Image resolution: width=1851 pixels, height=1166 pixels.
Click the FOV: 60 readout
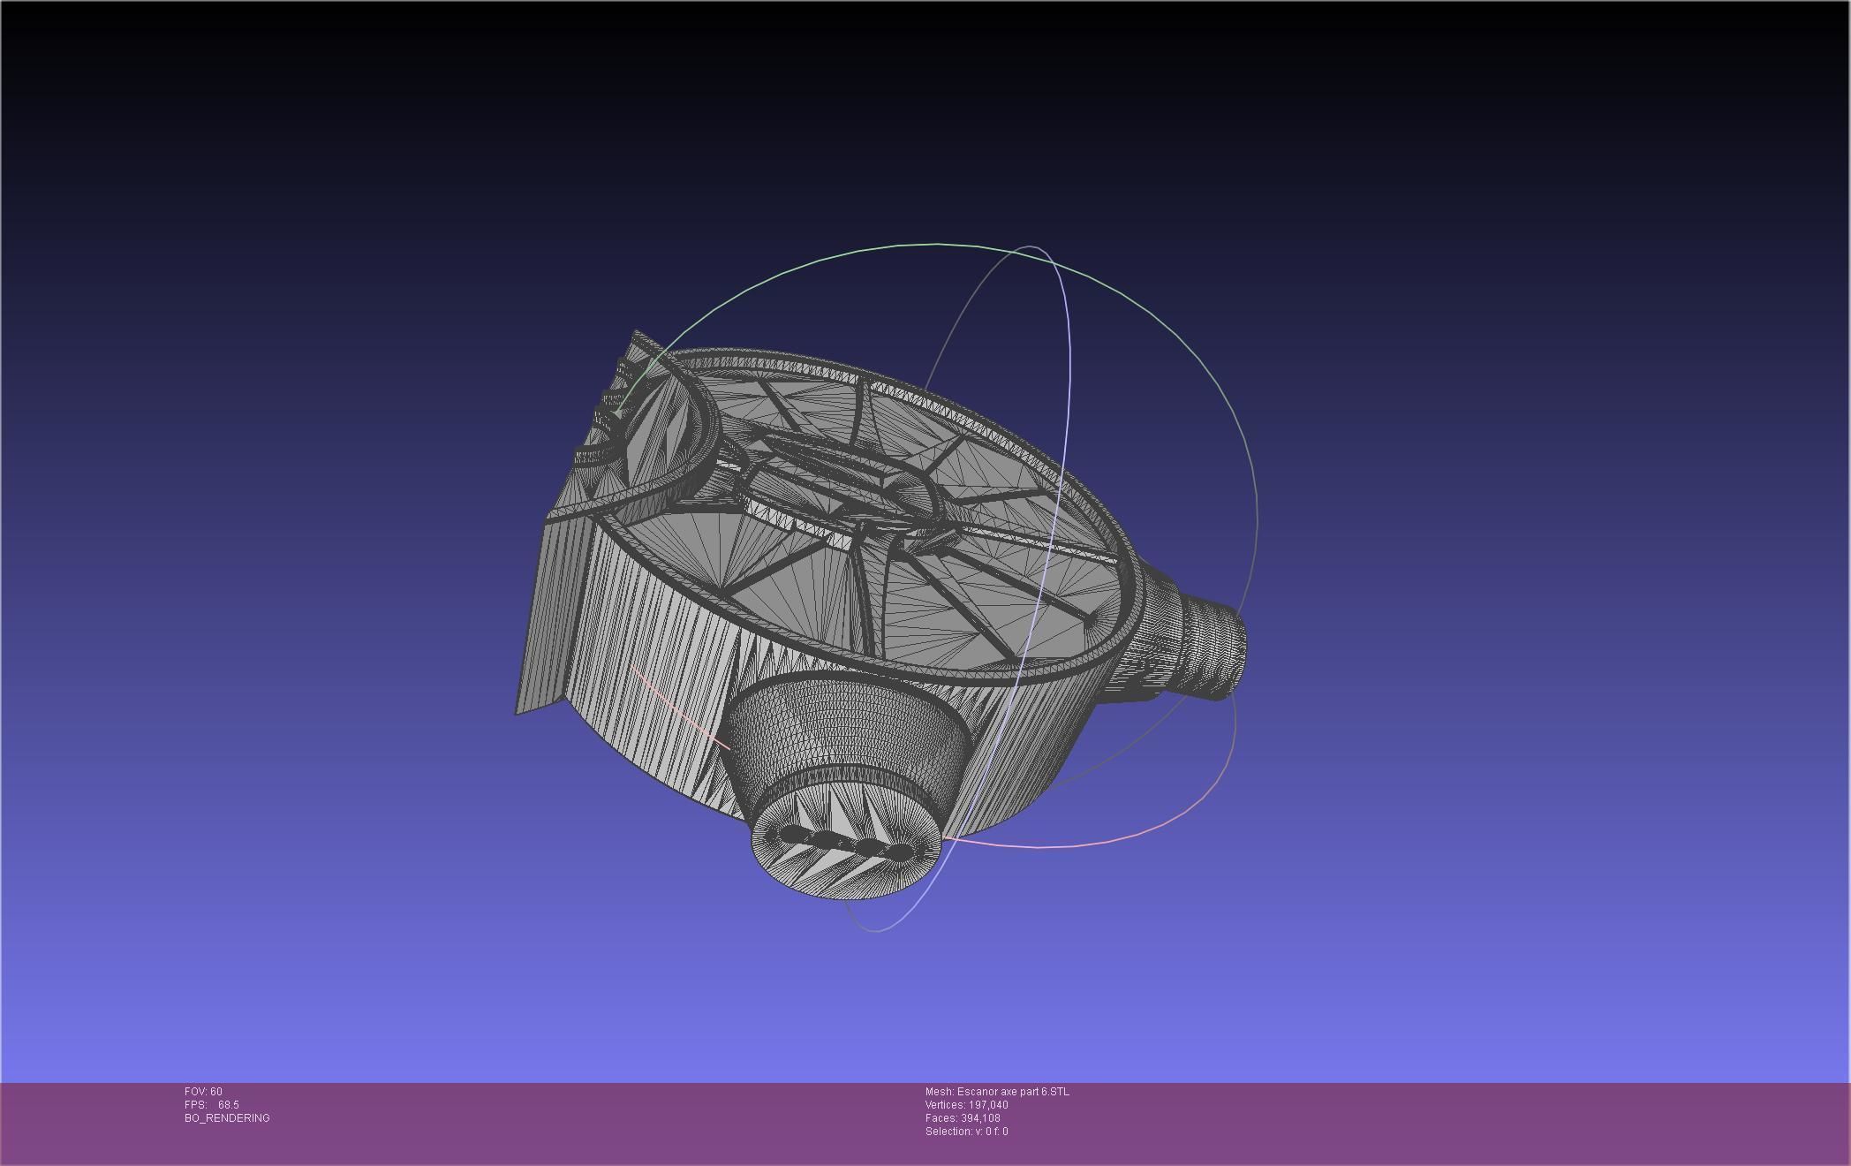[x=203, y=1092]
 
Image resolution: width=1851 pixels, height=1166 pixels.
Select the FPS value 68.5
[x=228, y=1105]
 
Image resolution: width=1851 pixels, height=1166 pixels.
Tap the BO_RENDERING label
[x=227, y=1118]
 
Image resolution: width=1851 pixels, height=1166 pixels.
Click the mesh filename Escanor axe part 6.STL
[x=1012, y=1092]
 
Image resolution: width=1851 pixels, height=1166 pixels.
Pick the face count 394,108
[x=980, y=1118]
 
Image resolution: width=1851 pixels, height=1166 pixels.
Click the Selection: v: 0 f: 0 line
[x=966, y=1132]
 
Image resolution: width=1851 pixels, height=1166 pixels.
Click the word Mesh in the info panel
[x=939, y=1092]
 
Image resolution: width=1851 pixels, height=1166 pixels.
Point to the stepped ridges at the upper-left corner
[x=609, y=415]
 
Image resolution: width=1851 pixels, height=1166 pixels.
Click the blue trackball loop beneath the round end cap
[x=874, y=927]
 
